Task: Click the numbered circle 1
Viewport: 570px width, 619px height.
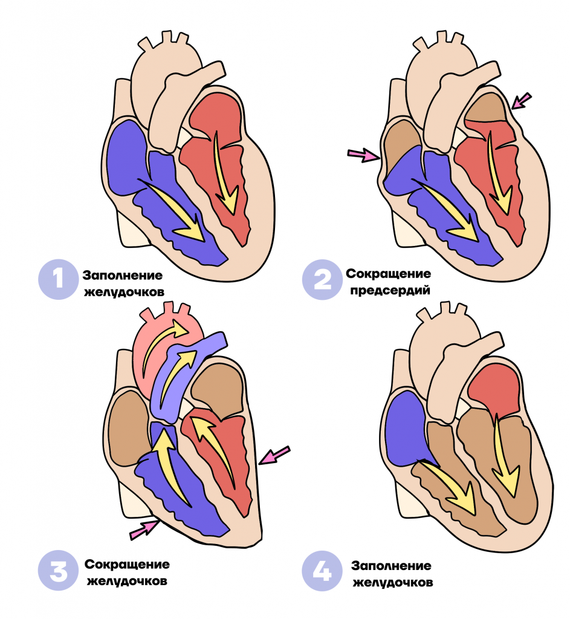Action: (58, 279)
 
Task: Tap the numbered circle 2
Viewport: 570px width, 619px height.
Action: (322, 279)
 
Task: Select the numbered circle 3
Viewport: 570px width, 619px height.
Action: (58, 571)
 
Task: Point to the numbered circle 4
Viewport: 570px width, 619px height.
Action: (322, 571)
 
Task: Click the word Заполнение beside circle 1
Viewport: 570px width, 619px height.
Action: (122, 275)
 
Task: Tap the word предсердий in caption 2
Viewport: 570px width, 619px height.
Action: (390, 291)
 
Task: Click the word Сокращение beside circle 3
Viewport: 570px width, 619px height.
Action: (127, 564)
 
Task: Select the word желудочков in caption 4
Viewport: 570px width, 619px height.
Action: (393, 582)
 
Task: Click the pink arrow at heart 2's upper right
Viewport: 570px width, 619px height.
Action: (521, 101)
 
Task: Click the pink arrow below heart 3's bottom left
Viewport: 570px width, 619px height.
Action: (144, 529)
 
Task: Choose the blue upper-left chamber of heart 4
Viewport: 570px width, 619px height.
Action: (407, 429)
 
